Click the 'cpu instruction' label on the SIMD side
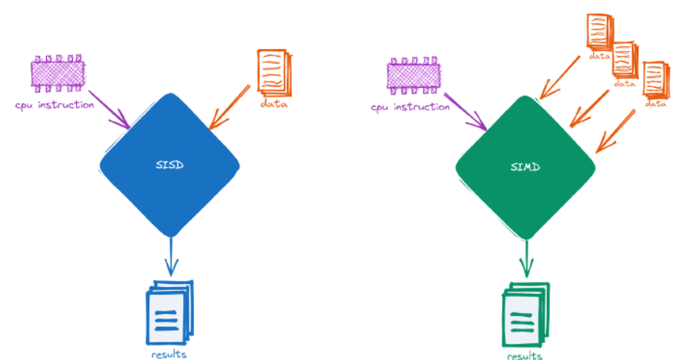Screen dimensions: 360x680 [x=410, y=107]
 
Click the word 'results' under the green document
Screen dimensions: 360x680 [x=525, y=355]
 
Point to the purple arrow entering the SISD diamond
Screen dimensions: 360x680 [x=112, y=112]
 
